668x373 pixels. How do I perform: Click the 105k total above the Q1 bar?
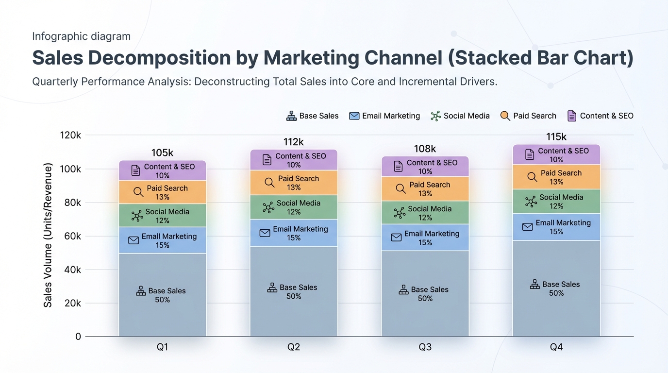pos(162,153)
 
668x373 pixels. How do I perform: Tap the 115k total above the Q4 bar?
pos(556,136)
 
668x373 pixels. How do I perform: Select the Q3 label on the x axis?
pos(425,347)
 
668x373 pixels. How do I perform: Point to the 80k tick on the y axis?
pos(72,203)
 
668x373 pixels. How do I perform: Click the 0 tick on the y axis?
pos(78,337)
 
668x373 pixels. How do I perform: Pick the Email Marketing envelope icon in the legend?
pos(354,116)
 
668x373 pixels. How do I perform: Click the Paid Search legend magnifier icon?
pos(505,116)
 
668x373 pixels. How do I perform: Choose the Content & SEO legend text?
pos(606,116)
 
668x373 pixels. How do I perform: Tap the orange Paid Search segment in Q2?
pos(294,183)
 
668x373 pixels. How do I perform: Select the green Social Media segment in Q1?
pos(163,216)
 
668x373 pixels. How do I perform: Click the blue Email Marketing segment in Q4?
pos(556,227)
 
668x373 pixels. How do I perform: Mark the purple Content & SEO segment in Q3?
pos(425,167)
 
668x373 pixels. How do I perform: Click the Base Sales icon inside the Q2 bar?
pos(272,288)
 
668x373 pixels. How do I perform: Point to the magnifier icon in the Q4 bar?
pos(532,177)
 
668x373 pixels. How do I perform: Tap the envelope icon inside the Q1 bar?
pos(134,240)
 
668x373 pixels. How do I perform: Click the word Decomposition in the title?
pos(159,58)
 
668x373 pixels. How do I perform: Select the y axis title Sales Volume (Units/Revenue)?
pos(48,235)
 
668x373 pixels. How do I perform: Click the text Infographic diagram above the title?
pos(82,36)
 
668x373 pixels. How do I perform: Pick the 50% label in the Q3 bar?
pos(425,298)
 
